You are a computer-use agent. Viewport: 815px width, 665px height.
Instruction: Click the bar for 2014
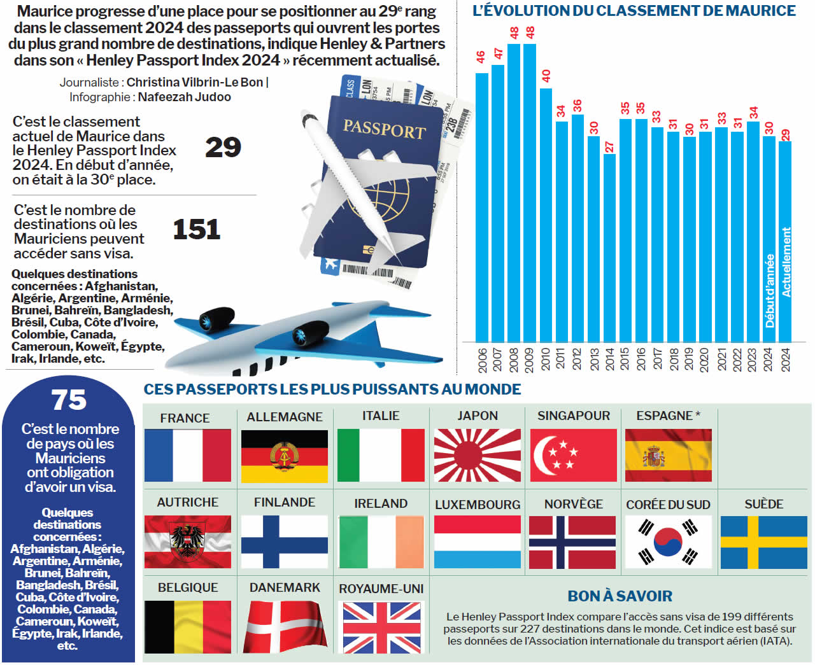pos(609,248)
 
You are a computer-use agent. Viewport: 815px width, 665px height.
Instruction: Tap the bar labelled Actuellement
pos(785,242)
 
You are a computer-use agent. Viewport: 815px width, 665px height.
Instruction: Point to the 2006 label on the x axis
pos(482,360)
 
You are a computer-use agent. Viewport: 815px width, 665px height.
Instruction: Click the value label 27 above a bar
pos(609,147)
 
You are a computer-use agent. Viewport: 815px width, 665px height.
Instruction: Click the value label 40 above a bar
pos(546,76)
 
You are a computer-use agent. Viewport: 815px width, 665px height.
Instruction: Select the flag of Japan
pos(477,455)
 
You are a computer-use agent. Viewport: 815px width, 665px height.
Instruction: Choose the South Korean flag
pos(668,542)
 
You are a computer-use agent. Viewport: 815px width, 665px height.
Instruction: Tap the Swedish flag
pos(763,542)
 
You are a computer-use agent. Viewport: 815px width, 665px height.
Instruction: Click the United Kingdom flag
pos(381,627)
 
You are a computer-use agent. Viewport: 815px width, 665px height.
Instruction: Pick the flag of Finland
pos(284,542)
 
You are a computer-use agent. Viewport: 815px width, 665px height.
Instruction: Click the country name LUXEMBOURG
pos(477,505)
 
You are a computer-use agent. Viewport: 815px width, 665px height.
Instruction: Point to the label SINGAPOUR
pos(573,416)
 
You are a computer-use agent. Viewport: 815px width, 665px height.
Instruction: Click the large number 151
pos(196,230)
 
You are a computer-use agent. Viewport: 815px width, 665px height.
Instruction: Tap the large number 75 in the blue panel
pos(69,400)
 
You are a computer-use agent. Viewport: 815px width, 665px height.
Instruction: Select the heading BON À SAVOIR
pos(620,596)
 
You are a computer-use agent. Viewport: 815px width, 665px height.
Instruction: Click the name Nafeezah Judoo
pos(184,97)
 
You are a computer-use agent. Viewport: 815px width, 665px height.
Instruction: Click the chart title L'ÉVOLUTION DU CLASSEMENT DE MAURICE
pos(634,11)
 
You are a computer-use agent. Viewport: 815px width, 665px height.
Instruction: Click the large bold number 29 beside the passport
pos(223,148)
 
